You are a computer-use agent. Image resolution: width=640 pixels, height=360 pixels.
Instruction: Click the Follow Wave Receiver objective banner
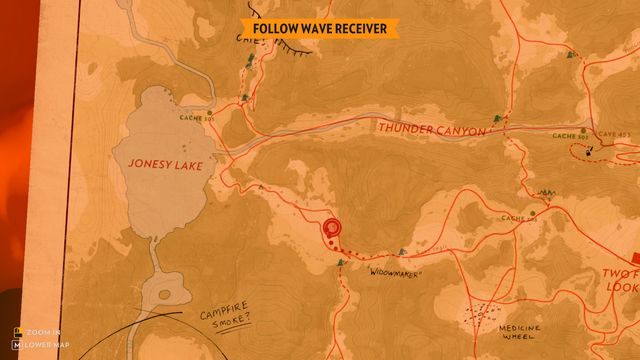[x=319, y=29]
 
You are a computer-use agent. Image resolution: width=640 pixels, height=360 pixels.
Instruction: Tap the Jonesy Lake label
[x=164, y=165]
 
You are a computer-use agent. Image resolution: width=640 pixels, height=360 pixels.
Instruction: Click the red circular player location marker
[x=330, y=229]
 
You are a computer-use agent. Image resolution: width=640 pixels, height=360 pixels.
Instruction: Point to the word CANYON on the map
[x=459, y=131]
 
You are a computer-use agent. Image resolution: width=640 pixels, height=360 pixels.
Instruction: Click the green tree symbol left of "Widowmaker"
[x=341, y=262]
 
